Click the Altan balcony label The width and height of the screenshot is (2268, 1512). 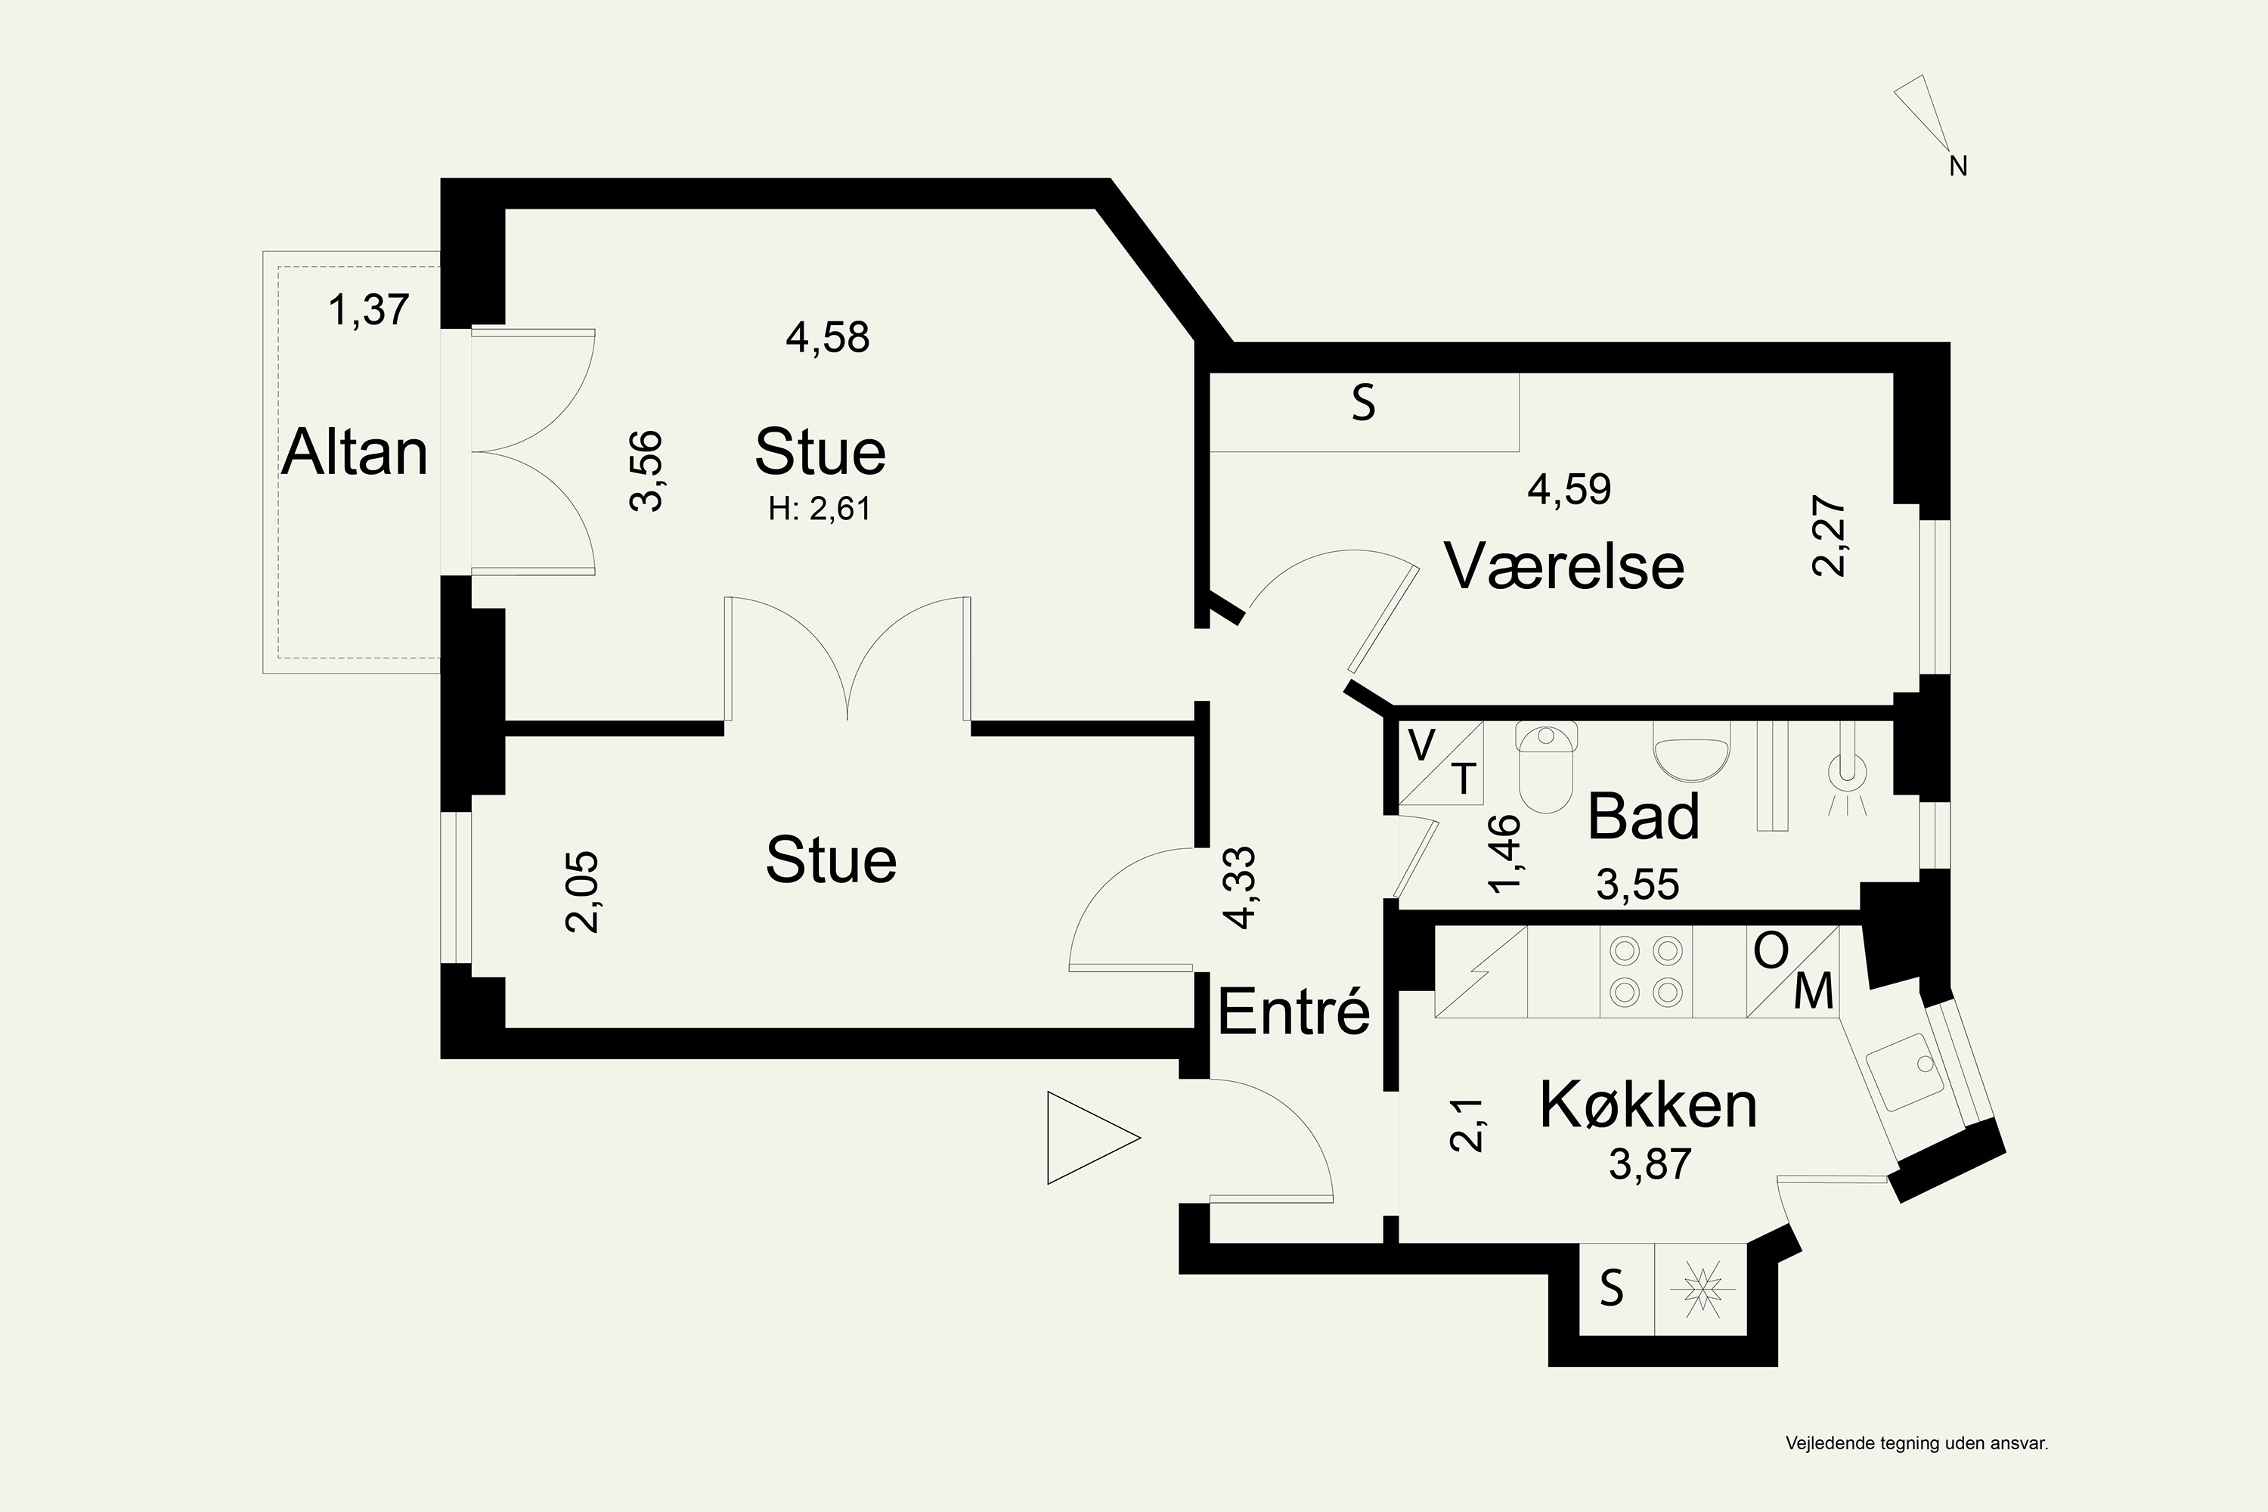pos(354,452)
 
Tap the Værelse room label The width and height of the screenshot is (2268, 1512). pos(1563,566)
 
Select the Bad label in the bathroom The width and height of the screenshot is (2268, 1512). pos(1643,816)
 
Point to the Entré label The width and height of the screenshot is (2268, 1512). pos(1293,1012)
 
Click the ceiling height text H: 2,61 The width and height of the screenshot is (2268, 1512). pos(819,508)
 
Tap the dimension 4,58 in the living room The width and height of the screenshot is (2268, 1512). pos(827,337)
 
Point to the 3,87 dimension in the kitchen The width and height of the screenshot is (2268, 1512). pos(1650,1164)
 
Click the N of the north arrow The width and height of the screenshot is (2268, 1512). pos(1957,167)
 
